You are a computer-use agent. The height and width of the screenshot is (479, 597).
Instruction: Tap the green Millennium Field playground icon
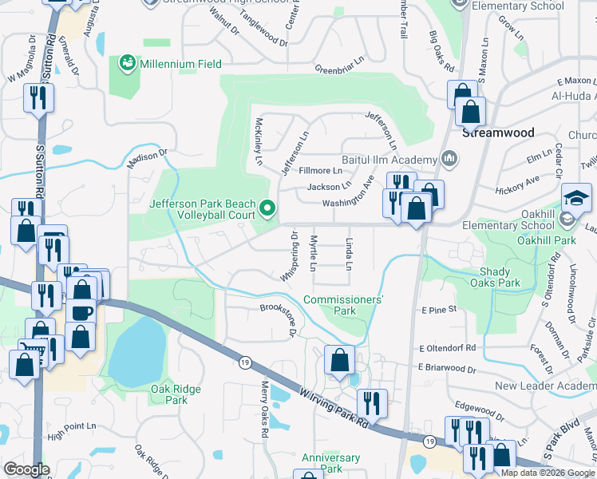tap(127, 62)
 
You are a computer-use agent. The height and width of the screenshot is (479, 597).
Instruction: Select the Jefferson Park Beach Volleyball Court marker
tap(267, 210)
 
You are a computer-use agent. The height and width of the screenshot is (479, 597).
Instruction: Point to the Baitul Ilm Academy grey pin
tap(449, 158)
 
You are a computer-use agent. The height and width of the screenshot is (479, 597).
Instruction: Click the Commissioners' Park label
tap(344, 305)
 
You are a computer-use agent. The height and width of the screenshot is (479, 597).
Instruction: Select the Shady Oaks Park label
tap(495, 277)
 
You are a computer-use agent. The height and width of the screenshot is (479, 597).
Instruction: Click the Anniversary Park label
tap(331, 463)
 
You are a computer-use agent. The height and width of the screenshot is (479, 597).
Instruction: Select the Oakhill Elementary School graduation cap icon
tap(576, 196)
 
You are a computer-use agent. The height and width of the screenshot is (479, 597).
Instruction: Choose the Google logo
tap(27, 469)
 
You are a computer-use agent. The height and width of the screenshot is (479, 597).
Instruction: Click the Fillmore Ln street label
tap(320, 171)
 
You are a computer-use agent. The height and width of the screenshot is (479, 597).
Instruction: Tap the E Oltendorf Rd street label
tap(446, 348)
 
